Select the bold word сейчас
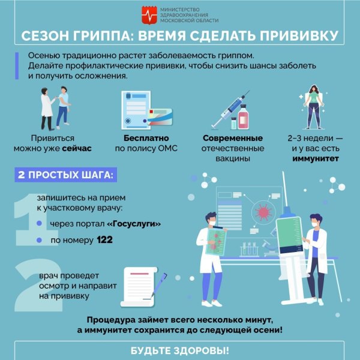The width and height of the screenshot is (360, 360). coord(76,149)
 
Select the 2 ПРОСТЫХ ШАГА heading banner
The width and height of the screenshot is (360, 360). coord(63,176)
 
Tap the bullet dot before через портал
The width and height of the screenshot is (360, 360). coord(40,224)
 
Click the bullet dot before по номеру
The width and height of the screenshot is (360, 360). coord(40,241)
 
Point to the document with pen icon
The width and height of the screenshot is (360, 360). coord(143,285)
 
